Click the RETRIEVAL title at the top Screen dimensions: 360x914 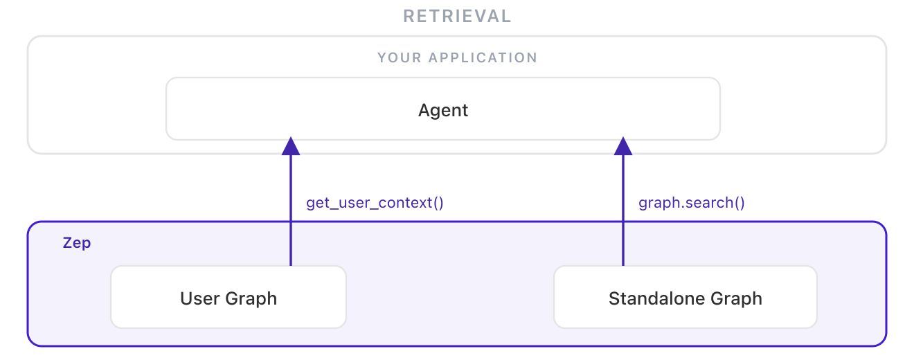tap(457, 16)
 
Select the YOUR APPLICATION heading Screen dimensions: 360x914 tap(457, 57)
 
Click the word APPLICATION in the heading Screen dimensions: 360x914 tap(483, 57)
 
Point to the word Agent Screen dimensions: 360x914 tap(443, 110)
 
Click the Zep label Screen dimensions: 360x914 tap(77, 243)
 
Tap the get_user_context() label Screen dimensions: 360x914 tap(375, 203)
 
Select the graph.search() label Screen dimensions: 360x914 tap(691, 203)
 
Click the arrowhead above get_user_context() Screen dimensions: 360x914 tap(291, 146)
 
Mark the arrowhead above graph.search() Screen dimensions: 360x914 tap(623, 146)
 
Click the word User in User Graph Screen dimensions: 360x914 tap(200, 298)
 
